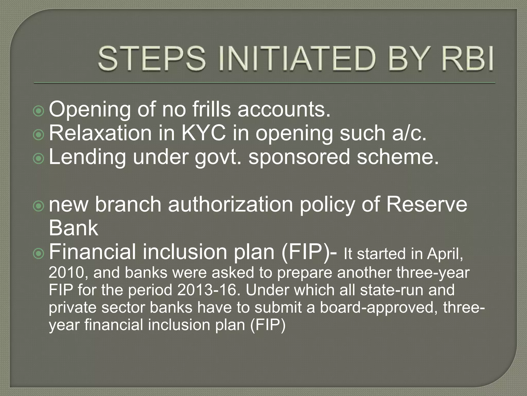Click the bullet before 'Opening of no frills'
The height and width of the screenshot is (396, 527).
coord(39,111)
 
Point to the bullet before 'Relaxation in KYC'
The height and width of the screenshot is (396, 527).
coord(39,135)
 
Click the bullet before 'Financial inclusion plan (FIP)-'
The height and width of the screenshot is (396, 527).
coord(39,254)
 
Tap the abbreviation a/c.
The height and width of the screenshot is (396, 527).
coord(409,133)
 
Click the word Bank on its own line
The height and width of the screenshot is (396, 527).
coord(74,228)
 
